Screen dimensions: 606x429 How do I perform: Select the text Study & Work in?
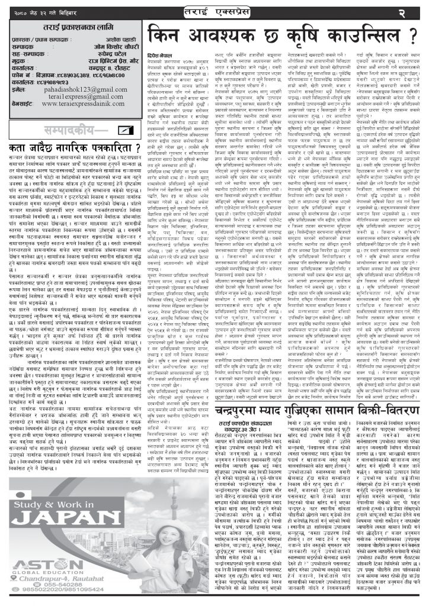coord(50,488)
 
